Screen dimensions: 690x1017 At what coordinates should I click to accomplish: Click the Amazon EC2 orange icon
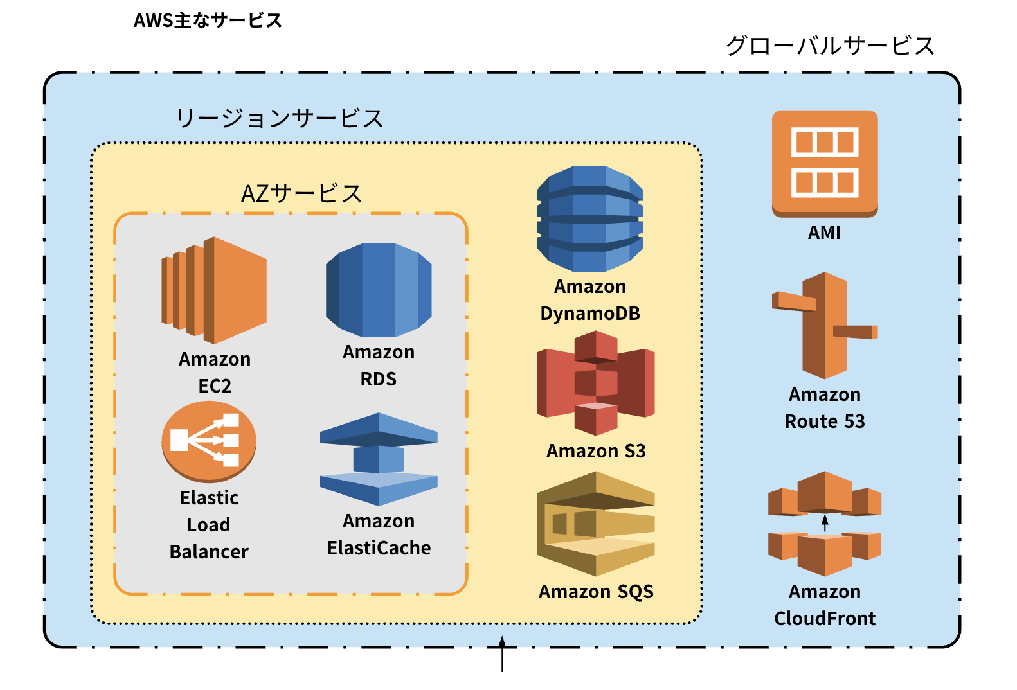pos(214,290)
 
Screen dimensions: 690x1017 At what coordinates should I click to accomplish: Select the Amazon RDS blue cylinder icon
pos(379,290)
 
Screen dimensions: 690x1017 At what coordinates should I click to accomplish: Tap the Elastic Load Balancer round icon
pos(209,441)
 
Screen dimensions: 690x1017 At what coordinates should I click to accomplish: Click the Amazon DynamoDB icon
pos(590,219)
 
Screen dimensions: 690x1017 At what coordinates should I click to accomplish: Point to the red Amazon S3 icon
pos(596,383)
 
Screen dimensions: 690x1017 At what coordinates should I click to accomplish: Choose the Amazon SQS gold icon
pos(596,524)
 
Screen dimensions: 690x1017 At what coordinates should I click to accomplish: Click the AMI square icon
pos(825,163)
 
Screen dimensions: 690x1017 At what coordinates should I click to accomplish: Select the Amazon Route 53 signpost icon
pos(825,325)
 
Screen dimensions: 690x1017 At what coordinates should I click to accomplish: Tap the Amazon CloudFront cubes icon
pos(825,524)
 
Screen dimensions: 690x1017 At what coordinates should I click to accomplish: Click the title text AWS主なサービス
pos(208,21)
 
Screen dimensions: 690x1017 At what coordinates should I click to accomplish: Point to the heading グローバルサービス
pos(830,46)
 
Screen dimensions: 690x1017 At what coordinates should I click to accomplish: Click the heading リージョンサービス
pos(280,118)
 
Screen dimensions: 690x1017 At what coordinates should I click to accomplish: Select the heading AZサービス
pos(301,193)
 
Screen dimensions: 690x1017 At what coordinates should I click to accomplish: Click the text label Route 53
pos(825,421)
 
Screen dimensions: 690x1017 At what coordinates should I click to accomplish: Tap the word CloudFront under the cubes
pos(825,619)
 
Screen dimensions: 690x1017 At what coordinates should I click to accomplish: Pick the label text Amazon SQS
pos(596,592)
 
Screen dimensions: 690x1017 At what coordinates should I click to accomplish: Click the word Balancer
pos(209,552)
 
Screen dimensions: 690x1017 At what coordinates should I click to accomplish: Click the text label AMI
pos(825,233)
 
